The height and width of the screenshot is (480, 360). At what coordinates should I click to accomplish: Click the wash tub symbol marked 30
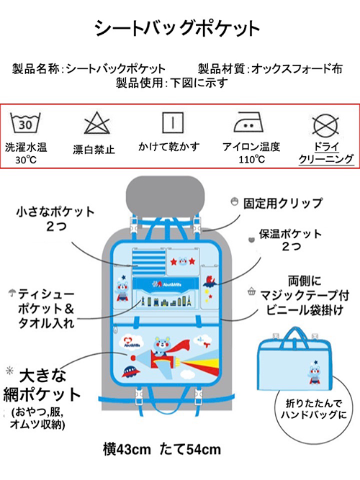pyautogui.click(x=26, y=124)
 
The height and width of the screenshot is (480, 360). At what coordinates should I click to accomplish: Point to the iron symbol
pyautogui.click(x=244, y=123)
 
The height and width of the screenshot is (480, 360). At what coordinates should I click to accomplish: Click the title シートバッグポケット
pyautogui.click(x=177, y=28)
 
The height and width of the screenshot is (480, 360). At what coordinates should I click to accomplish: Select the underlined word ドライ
pyautogui.click(x=326, y=145)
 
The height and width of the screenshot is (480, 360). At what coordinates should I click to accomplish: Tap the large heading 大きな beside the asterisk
pyautogui.click(x=43, y=376)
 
